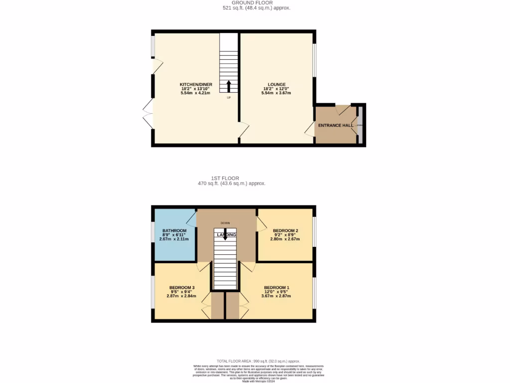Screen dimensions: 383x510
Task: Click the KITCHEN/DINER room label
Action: point(192,84)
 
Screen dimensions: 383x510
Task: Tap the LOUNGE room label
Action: point(277,84)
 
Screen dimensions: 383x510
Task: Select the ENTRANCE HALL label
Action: point(336,125)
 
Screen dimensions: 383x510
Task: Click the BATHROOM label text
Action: point(174,230)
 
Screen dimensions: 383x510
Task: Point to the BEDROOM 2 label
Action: point(285,230)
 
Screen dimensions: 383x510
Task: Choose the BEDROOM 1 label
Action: point(276,287)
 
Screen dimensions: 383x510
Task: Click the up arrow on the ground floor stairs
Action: point(229,86)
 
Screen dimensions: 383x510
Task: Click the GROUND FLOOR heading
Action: point(256,3)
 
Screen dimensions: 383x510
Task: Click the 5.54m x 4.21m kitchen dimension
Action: point(192,93)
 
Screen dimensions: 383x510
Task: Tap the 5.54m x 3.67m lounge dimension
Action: point(277,93)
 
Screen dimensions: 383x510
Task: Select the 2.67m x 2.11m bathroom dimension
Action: point(174,239)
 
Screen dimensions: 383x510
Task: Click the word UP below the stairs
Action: point(229,97)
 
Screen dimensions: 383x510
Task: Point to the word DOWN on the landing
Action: point(225,223)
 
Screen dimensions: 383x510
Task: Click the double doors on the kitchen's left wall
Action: point(147,114)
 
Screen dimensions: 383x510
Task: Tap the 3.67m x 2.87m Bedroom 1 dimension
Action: point(276,296)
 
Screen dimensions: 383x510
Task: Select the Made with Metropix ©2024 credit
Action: point(255,381)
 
